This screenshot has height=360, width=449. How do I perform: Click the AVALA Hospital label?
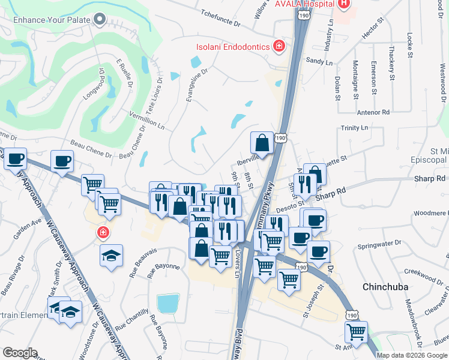304,4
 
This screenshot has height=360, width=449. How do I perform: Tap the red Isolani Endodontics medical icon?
279,46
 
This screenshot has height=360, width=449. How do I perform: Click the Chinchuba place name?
386,287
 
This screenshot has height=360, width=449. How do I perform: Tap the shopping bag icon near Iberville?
262,143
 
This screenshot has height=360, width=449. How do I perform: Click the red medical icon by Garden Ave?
103,232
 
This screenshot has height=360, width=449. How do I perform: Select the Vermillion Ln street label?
146,119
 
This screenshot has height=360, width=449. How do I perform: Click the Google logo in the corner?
20,353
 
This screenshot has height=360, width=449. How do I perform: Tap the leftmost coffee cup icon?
15,160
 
